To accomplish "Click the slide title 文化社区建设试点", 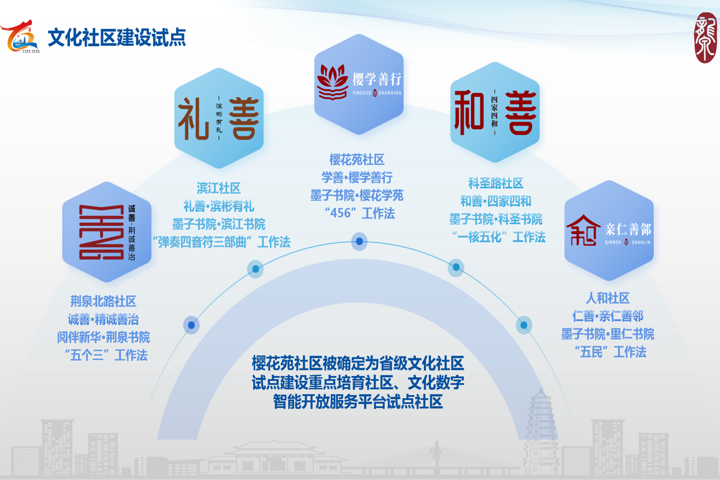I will point(116,37).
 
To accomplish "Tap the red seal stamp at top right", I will point(705,38).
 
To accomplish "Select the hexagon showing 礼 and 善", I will point(219,118).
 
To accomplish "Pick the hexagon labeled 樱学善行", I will point(359,84).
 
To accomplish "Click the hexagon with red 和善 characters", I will point(495,112).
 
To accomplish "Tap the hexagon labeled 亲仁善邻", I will point(608,231).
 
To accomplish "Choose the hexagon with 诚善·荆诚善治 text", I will point(107,232).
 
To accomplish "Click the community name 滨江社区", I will point(219,188).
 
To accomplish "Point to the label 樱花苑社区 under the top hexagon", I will point(357,160).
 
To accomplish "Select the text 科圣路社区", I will point(496,183).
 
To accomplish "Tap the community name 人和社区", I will point(608,298).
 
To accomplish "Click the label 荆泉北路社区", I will point(103,302).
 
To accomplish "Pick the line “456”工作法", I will point(360,213).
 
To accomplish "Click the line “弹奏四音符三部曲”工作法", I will point(221,242).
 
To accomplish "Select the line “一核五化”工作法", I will point(498,237).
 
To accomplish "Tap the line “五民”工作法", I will point(610,352).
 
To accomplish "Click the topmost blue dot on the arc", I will point(359,241).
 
